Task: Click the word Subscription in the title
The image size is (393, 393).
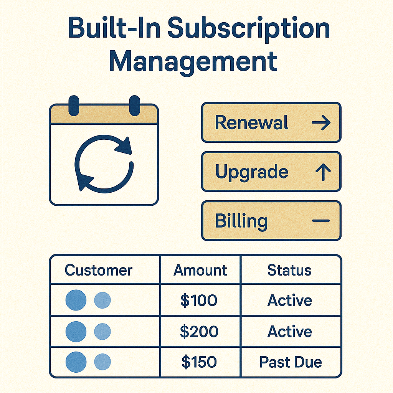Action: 248,30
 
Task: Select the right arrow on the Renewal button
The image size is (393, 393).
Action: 321,122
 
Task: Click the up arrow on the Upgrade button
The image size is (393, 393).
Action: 323,172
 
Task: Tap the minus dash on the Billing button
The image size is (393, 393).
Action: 321,221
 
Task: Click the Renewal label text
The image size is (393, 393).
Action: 251,122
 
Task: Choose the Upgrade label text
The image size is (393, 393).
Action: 252,172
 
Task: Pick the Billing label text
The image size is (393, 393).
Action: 241,221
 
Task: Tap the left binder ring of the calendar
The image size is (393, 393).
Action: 74,106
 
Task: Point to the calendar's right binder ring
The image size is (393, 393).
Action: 135,106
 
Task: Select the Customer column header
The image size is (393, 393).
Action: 99,270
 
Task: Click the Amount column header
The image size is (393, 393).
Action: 200,270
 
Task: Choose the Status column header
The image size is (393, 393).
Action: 289,270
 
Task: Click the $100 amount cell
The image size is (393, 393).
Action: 199,300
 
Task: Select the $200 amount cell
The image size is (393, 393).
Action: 199,331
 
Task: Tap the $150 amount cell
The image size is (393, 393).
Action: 199,362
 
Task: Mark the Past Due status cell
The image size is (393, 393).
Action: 291,362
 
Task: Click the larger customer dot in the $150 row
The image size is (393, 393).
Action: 76,362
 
